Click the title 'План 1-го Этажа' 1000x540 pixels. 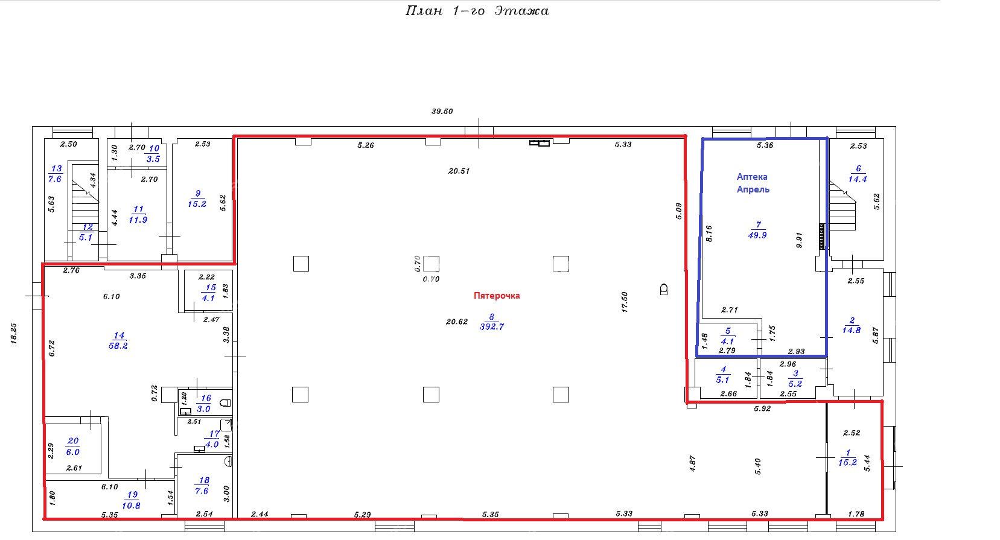[477, 11]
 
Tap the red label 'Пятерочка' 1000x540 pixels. [497, 296]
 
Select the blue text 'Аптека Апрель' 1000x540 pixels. [753, 183]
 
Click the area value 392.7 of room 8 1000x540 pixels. [492, 326]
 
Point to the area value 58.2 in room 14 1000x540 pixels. [118, 346]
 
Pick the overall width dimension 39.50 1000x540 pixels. [442, 111]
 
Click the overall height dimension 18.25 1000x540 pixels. [14, 334]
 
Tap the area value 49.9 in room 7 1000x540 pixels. [757, 235]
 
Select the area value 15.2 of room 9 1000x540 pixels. [197, 204]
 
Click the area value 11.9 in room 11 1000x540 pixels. [138, 220]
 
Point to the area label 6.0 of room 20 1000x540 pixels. [73, 452]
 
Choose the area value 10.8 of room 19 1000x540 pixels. [131, 506]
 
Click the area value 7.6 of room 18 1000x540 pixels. [202, 491]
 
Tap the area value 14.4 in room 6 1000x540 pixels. [858, 179]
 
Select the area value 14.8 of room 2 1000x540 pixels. [852, 330]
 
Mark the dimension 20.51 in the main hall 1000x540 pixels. [459, 171]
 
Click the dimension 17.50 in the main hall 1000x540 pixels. [625, 302]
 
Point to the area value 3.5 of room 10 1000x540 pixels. [153, 159]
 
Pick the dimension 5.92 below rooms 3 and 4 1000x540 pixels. [762, 408]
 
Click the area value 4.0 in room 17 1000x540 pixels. [212, 445]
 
